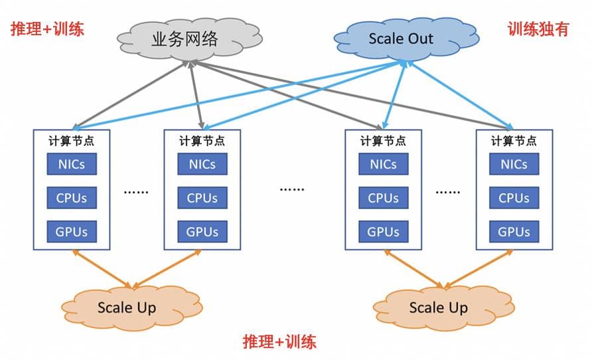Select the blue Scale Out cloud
point(401,39)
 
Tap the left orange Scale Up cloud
point(127,308)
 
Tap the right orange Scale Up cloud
point(438,308)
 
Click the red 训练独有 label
point(538,29)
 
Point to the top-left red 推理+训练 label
point(47,29)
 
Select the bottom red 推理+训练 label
point(279,342)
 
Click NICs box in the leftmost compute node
point(71,164)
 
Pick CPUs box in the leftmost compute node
point(71,198)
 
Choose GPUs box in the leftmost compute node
point(71,232)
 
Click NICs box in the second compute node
point(202,164)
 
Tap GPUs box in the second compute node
point(202,232)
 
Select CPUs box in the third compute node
point(383,198)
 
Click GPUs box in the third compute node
point(383,232)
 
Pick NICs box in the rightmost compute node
point(514,164)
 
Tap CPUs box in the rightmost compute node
point(514,198)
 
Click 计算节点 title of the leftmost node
point(72,141)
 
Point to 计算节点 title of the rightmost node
point(514,141)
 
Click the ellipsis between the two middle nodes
point(292,189)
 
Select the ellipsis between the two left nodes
point(136,191)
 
